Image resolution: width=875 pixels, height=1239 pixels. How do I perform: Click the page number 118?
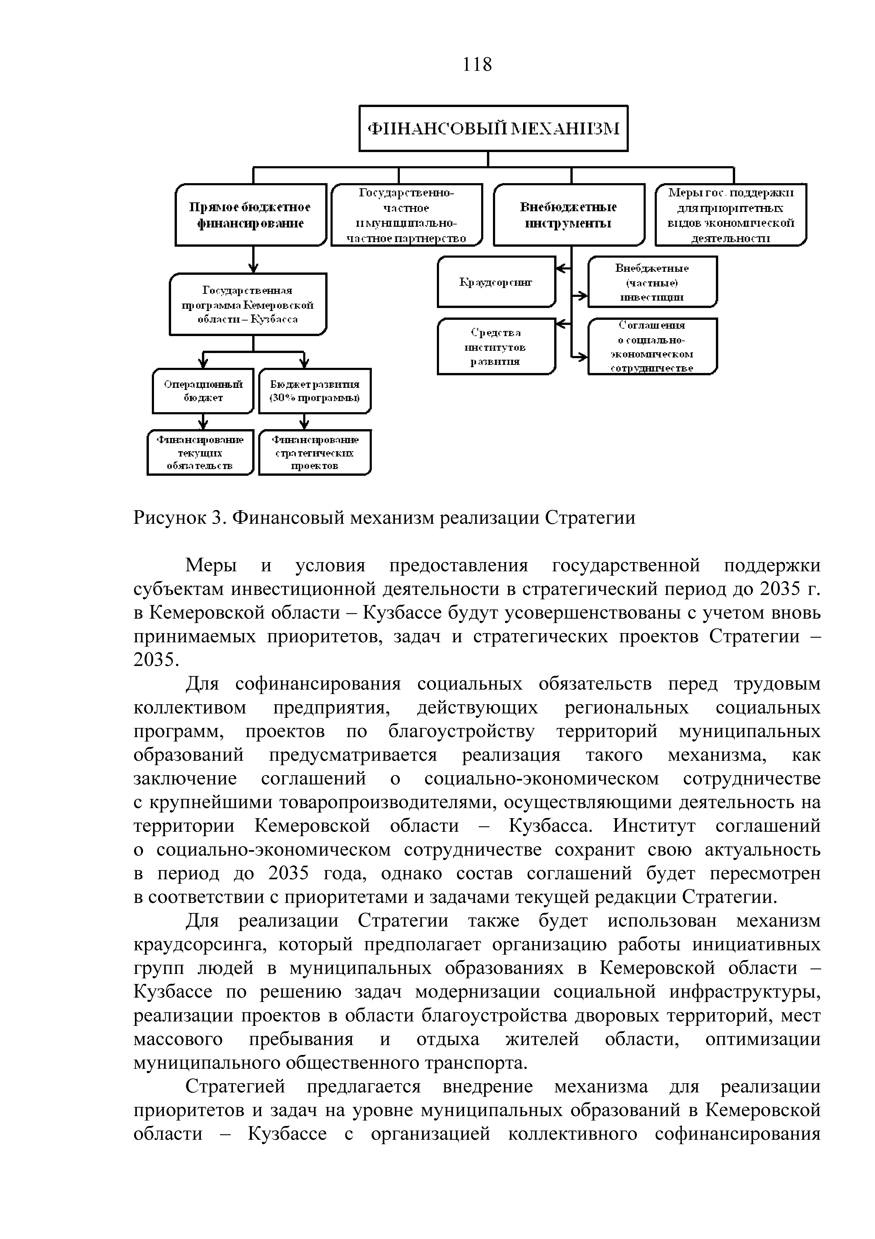[477, 65]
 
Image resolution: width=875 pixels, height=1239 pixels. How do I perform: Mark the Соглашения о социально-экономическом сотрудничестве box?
[652, 346]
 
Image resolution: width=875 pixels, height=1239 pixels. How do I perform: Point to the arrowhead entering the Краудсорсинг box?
[561, 268]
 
